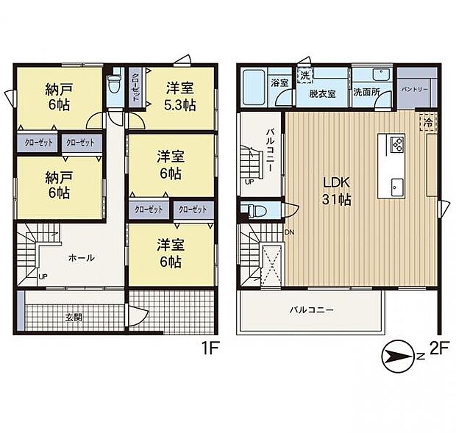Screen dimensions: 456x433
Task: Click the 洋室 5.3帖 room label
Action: [180, 96]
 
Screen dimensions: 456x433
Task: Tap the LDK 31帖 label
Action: [336, 191]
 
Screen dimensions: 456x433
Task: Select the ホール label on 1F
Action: [81, 257]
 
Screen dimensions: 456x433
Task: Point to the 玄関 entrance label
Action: [74, 318]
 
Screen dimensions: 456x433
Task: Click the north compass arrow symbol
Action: [398, 357]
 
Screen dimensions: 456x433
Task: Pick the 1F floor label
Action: [210, 348]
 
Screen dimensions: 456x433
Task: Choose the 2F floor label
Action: [440, 348]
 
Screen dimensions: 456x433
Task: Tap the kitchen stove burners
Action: [397, 143]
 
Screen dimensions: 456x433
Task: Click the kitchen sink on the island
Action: [397, 187]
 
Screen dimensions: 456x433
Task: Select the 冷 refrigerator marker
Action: [428, 122]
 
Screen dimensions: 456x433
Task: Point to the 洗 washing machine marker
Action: [304, 76]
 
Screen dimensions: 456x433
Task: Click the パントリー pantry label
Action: [414, 90]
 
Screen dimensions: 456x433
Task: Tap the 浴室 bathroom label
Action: [279, 83]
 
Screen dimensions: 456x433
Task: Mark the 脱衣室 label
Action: [322, 93]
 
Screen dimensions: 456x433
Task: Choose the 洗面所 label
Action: [366, 92]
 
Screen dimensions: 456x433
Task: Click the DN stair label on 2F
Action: [289, 232]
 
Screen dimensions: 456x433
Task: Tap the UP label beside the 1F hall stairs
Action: [43, 276]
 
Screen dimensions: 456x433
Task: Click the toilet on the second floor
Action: [256, 210]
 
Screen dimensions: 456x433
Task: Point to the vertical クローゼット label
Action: [135, 86]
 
